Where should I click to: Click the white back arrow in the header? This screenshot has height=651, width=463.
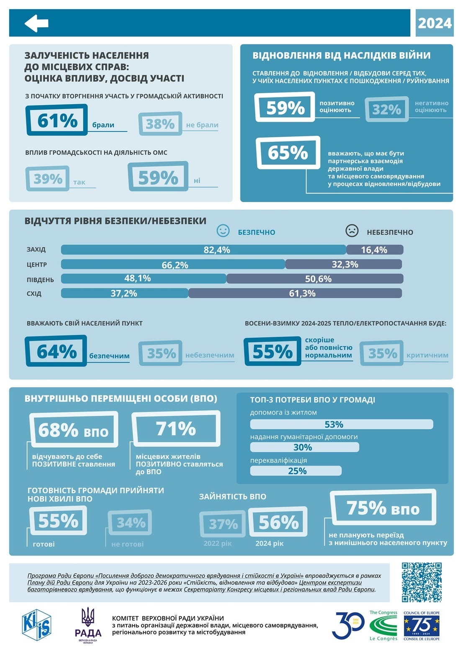click(36, 23)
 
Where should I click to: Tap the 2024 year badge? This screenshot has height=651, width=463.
click(435, 23)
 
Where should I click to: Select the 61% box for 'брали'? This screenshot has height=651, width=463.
click(57, 120)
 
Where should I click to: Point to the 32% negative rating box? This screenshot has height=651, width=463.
click(386, 109)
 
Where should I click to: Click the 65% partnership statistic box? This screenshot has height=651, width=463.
click(288, 152)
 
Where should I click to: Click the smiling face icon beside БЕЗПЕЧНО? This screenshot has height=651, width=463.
click(223, 231)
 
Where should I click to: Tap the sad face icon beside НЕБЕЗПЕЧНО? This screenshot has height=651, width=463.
click(352, 231)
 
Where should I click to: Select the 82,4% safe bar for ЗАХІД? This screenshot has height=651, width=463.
click(203, 250)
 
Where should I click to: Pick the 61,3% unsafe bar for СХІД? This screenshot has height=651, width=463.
click(295, 293)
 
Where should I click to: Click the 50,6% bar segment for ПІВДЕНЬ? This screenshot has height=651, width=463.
click(315, 279)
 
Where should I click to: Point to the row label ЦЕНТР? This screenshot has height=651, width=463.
click(37, 265)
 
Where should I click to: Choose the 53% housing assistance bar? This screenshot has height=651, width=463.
click(341, 424)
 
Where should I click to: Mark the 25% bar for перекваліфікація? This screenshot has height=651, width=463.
click(296, 471)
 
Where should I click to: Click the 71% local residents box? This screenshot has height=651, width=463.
click(176, 429)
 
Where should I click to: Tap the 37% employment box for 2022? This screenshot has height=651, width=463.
click(223, 524)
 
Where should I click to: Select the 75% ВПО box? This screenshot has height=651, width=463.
click(383, 508)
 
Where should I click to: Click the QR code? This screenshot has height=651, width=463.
click(422, 582)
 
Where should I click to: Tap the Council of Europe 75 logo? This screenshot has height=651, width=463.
click(421, 625)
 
